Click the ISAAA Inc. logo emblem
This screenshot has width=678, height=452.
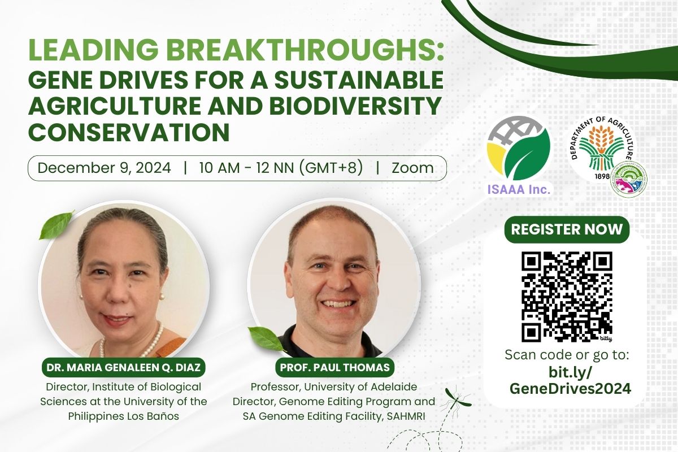(x=519, y=149)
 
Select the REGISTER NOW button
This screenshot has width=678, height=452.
(x=567, y=229)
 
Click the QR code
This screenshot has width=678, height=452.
(x=567, y=297)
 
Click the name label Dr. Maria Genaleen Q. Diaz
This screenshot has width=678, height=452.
(x=124, y=367)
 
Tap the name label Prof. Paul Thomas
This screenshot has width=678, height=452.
(x=334, y=367)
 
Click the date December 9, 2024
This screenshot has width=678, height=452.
(x=104, y=168)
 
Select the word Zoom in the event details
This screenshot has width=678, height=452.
(x=412, y=168)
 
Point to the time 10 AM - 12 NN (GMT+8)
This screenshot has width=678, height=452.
(x=281, y=168)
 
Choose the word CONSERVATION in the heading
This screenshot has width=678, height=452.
(x=129, y=132)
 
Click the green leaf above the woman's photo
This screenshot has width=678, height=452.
(x=56, y=225)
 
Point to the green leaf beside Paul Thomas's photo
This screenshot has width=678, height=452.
(x=266, y=339)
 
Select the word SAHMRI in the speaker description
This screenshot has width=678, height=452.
(x=406, y=416)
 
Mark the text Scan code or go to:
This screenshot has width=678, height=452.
(x=567, y=355)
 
